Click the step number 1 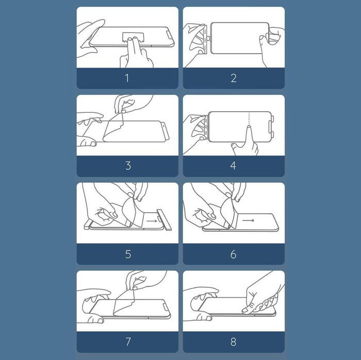(127, 78)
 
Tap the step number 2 (234, 78)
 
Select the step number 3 (128, 166)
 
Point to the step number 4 (233, 166)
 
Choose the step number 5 (128, 254)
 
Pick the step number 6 (233, 254)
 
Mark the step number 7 (128, 341)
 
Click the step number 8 (233, 341)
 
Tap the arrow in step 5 (152, 221)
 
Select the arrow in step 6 (248, 220)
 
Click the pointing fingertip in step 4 (249, 127)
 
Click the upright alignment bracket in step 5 (164, 219)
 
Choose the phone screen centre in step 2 (240, 38)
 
